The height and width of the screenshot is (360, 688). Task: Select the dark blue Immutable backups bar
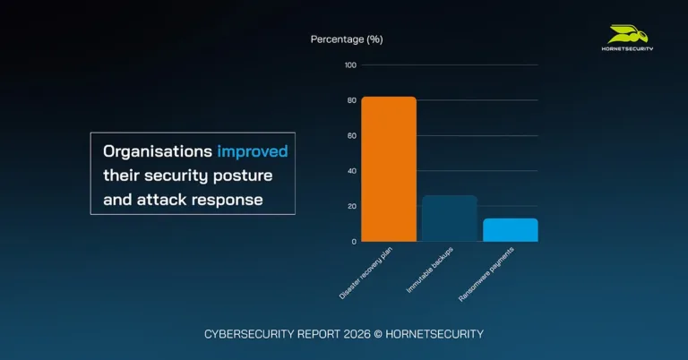(449, 219)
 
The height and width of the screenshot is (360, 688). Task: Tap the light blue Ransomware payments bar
(510, 230)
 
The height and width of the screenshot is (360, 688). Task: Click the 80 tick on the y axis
(351, 100)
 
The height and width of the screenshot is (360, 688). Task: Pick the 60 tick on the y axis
(351, 136)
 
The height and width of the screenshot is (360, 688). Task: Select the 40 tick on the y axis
(351, 171)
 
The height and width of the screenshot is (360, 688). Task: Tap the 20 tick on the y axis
(351, 206)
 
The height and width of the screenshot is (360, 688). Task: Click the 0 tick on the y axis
(353, 242)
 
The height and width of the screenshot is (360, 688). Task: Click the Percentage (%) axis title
(347, 39)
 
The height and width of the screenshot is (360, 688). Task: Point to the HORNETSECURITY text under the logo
(627, 48)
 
